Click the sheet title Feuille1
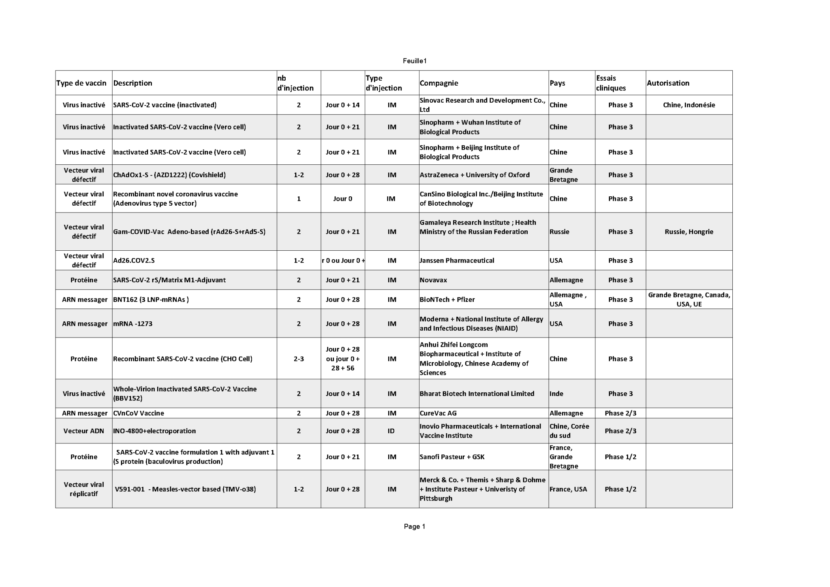coord(415,61)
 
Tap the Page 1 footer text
coord(415,527)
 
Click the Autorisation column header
coord(668,83)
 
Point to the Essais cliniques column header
coord(611,83)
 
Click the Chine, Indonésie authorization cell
coord(689,105)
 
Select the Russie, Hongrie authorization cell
coord(689,232)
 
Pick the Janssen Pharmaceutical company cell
coord(457,260)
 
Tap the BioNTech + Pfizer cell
coord(447,299)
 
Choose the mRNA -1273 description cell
coord(133,324)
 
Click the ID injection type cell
coord(391,431)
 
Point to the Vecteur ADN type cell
coord(84,431)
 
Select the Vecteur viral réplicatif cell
coord(84,489)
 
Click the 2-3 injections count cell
coord(299,359)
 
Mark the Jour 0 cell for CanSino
coord(342,199)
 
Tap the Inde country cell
coord(556,393)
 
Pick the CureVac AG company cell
coord(438,413)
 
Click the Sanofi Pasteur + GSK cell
coord(452,457)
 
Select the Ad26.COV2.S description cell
coord(134,260)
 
